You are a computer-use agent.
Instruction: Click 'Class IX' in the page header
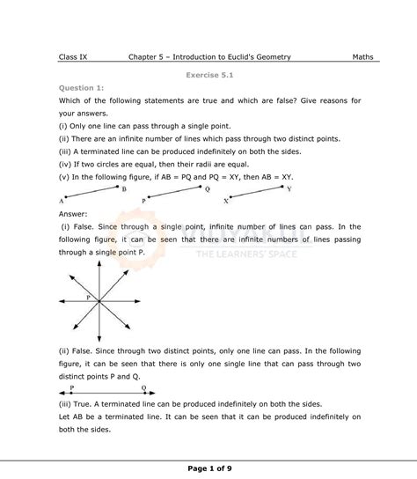tap(73, 57)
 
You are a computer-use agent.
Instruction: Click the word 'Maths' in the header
tap(362, 57)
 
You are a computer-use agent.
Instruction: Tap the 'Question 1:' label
tap(81, 88)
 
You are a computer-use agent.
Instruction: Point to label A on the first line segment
tap(62, 201)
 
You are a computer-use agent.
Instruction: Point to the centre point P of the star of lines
tap(98, 302)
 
